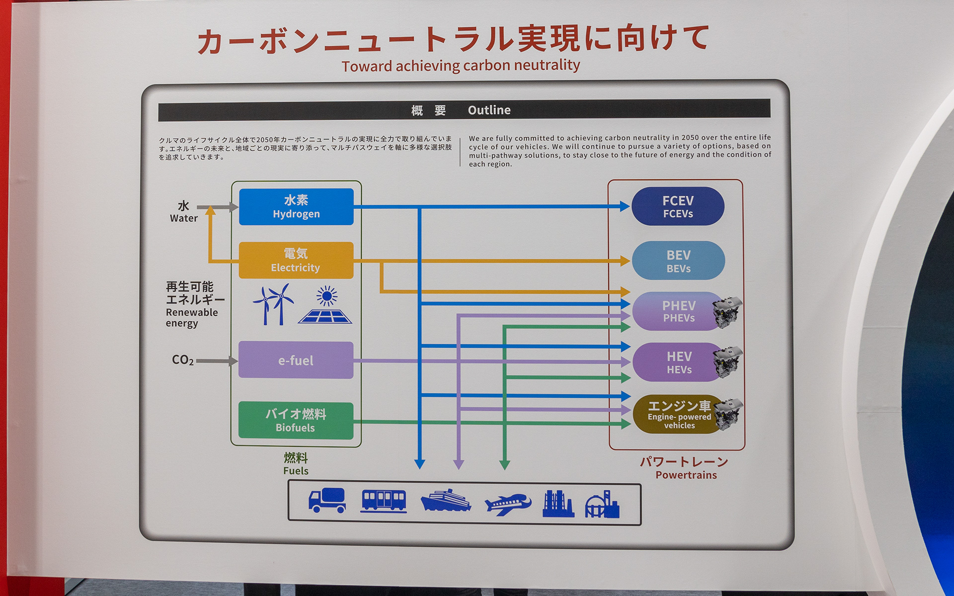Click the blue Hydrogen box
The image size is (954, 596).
click(x=296, y=207)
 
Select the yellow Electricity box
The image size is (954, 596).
click(x=296, y=260)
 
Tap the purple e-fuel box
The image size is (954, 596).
click(x=296, y=360)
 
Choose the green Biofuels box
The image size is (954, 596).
click(x=296, y=421)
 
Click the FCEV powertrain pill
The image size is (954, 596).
click(x=678, y=207)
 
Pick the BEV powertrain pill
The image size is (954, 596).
click(x=678, y=261)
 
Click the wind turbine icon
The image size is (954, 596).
click(x=273, y=304)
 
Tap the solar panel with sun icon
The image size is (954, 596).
click(x=325, y=305)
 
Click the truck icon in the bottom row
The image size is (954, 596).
click(x=327, y=501)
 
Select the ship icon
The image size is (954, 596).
click(x=446, y=501)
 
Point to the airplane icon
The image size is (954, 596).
click(x=507, y=504)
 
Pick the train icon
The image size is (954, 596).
click(x=384, y=501)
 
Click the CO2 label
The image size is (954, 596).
click(x=182, y=360)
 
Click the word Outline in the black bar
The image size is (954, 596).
click(x=489, y=110)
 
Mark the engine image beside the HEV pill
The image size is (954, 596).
click(x=728, y=363)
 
